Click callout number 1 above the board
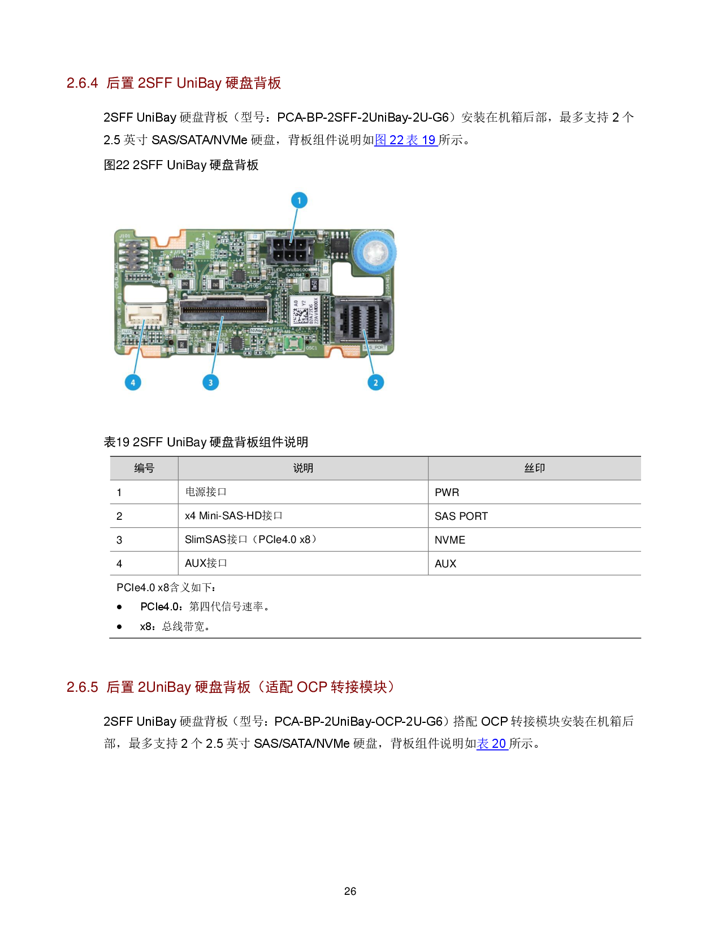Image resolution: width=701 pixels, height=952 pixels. (299, 200)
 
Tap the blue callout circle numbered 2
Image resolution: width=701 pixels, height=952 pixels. (376, 382)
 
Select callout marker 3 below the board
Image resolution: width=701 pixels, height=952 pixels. (211, 382)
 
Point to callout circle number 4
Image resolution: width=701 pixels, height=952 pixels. (133, 382)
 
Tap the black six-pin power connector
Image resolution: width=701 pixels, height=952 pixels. (290, 249)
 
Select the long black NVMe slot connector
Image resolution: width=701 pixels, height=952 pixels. (224, 309)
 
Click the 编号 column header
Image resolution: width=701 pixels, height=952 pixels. (144, 468)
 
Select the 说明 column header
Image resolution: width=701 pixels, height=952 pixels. (303, 468)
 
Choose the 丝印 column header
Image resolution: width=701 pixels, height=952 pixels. (534, 468)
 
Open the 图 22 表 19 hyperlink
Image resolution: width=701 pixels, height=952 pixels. (406, 140)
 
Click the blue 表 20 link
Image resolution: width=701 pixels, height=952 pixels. (492, 744)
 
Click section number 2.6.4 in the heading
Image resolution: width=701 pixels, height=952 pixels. (83, 83)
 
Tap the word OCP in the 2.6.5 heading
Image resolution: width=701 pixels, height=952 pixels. (312, 687)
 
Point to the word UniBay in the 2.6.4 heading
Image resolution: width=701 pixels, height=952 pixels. (199, 83)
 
